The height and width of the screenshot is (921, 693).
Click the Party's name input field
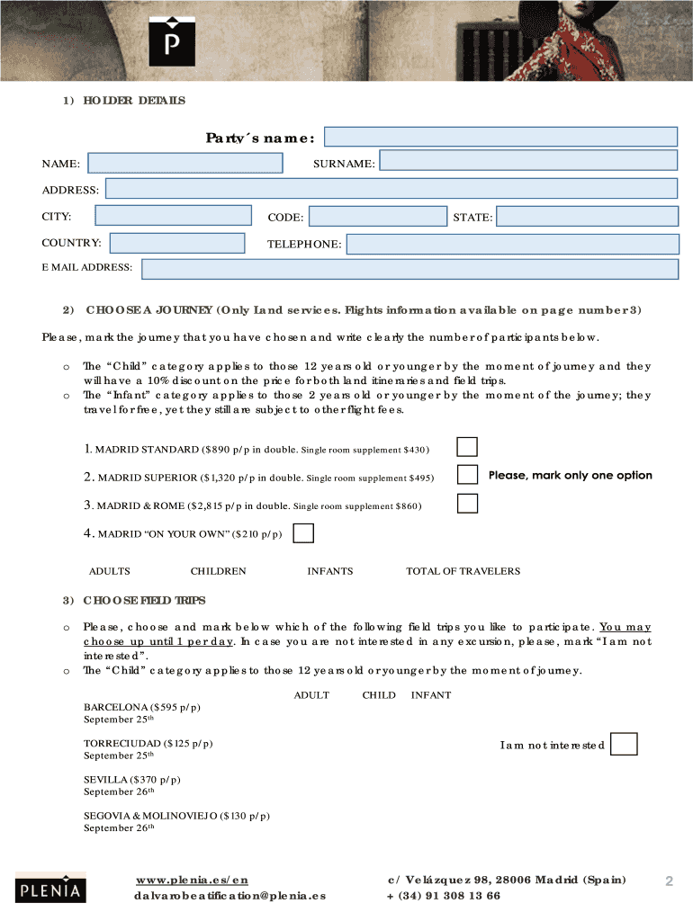click(500, 136)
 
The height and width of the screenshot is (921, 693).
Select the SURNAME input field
click(528, 160)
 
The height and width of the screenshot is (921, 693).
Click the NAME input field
click(185, 163)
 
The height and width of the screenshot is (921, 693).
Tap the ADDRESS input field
click(391, 188)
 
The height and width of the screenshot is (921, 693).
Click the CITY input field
click(173, 215)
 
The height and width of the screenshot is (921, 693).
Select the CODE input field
click(377, 217)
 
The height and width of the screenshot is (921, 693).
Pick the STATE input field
click(587, 217)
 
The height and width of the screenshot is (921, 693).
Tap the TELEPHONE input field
click(512, 244)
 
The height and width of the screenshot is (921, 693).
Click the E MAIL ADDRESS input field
click(409, 269)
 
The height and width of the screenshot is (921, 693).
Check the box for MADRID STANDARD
click(467, 447)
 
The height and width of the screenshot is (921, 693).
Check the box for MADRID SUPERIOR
click(467, 475)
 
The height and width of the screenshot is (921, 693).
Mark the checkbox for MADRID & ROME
click(467, 504)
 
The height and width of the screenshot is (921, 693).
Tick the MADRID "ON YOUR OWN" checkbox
click(304, 533)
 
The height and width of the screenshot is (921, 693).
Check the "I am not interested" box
click(624, 744)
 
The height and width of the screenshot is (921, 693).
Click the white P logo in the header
click(171, 40)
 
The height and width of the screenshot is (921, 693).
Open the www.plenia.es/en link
click(192, 880)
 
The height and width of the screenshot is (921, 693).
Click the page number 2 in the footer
click(669, 881)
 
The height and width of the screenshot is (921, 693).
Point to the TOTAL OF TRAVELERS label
click(463, 571)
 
